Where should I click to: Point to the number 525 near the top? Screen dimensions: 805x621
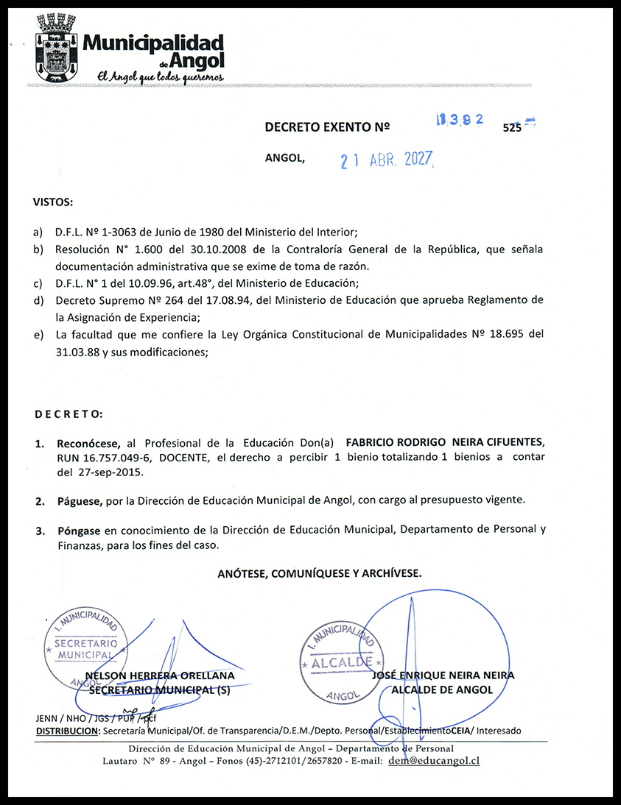point(511,127)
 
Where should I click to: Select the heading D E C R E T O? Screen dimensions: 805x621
point(69,414)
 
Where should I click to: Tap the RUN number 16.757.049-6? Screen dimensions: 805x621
point(102,458)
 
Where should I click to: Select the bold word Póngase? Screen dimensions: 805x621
point(80,530)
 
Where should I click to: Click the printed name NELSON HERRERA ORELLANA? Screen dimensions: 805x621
point(161,675)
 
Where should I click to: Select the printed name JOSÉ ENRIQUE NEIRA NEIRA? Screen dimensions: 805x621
point(443,675)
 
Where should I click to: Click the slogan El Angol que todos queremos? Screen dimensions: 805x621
point(155,77)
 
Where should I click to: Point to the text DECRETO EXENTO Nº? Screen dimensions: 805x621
point(326,127)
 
